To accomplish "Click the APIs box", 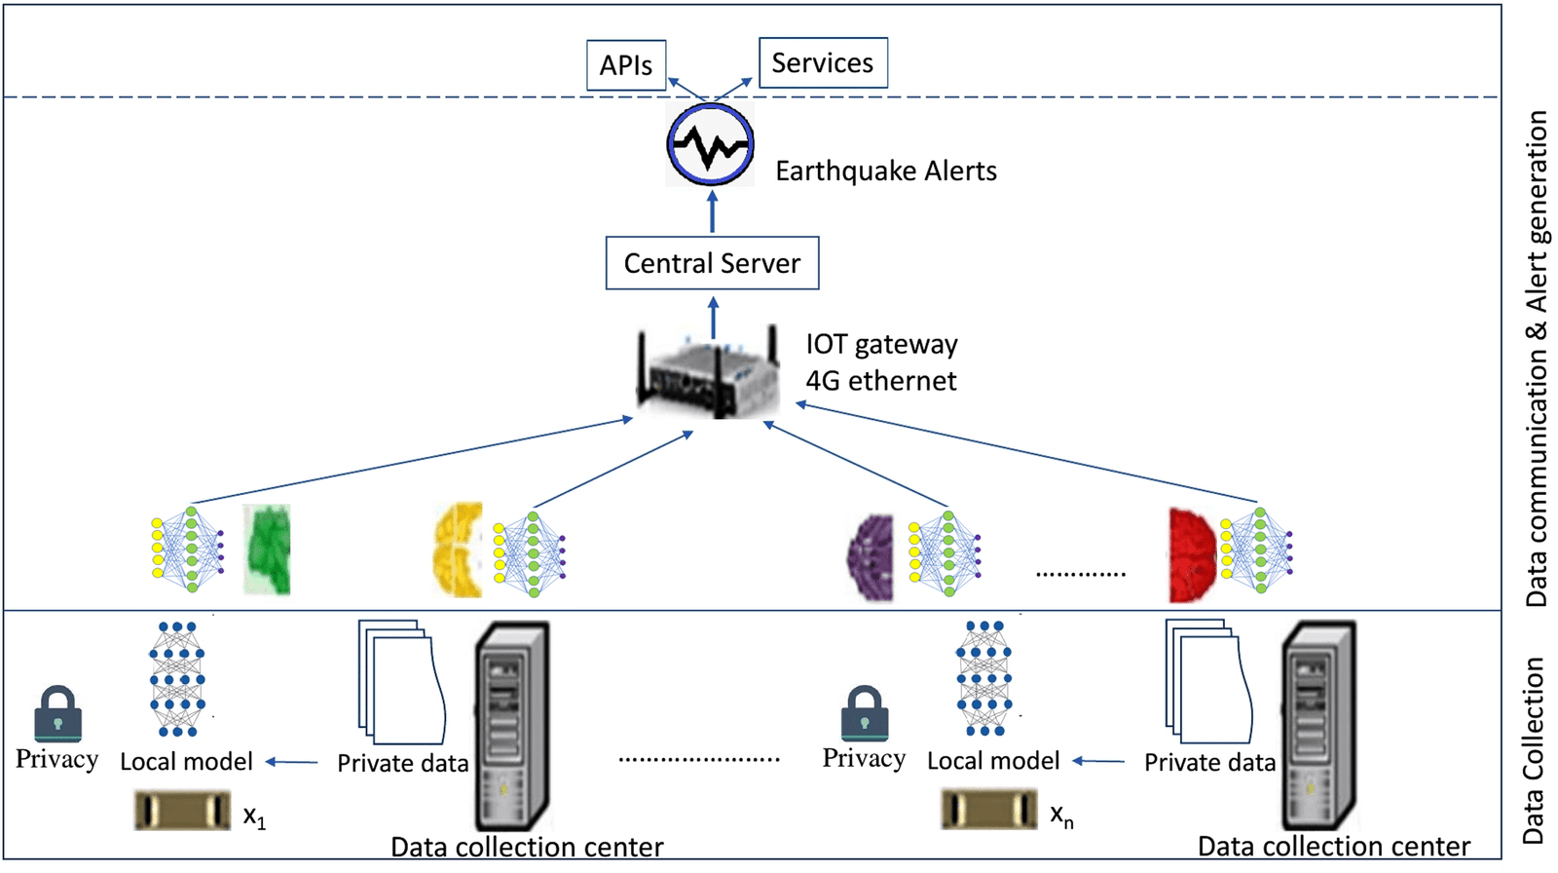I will (x=626, y=65).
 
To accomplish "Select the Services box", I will (x=823, y=63).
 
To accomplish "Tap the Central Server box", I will (x=712, y=263).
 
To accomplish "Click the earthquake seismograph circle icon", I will (x=711, y=145).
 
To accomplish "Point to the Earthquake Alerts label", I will (x=885, y=171).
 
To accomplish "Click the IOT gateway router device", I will (x=708, y=374).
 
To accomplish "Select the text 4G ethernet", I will (x=880, y=381).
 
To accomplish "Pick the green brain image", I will (x=267, y=550).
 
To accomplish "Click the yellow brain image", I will (x=458, y=550).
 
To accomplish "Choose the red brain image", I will (x=1192, y=554).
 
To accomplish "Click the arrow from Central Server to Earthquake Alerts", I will (x=712, y=212).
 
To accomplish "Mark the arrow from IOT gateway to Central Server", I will (x=713, y=318).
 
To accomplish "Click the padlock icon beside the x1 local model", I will (x=57, y=714).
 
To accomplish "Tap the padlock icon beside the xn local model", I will (x=865, y=714).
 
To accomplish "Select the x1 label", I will (x=254, y=816).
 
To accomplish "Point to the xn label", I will (x=1061, y=816).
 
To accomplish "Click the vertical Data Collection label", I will (x=1535, y=750).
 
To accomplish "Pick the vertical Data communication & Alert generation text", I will (x=1537, y=358).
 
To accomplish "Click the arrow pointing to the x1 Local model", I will (x=292, y=762).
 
